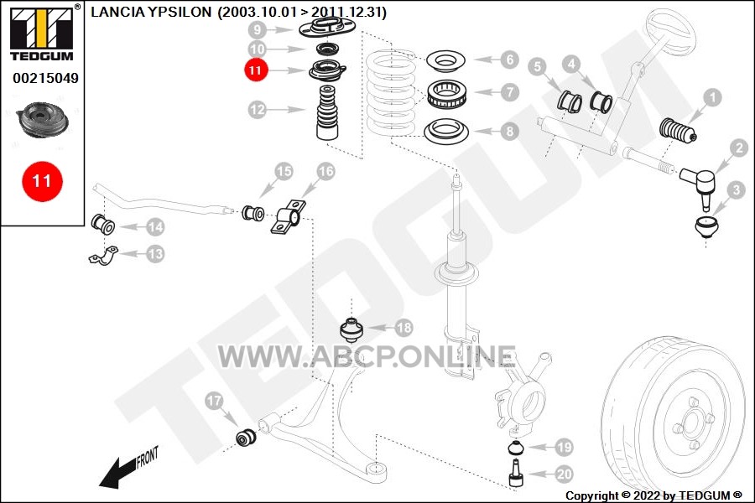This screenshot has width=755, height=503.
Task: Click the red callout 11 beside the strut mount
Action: [x=256, y=70]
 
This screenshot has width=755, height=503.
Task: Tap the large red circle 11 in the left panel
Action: [x=42, y=181]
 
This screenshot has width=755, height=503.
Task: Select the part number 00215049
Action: [x=45, y=78]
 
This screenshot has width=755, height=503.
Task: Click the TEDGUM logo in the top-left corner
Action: [x=42, y=33]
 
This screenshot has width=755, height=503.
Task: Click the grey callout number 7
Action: [x=509, y=92]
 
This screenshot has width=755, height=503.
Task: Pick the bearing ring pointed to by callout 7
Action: [x=447, y=93]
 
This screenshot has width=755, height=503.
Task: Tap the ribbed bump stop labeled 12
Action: [x=327, y=112]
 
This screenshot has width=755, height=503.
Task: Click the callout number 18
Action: [x=404, y=328]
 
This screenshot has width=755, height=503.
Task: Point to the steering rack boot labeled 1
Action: [x=677, y=132]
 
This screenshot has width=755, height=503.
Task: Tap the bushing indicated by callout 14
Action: [x=102, y=223]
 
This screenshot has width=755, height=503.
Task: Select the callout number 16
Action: [x=325, y=171]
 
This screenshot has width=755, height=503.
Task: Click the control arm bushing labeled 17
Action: [x=246, y=436]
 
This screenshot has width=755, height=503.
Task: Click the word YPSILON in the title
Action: [x=180, y=12]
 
